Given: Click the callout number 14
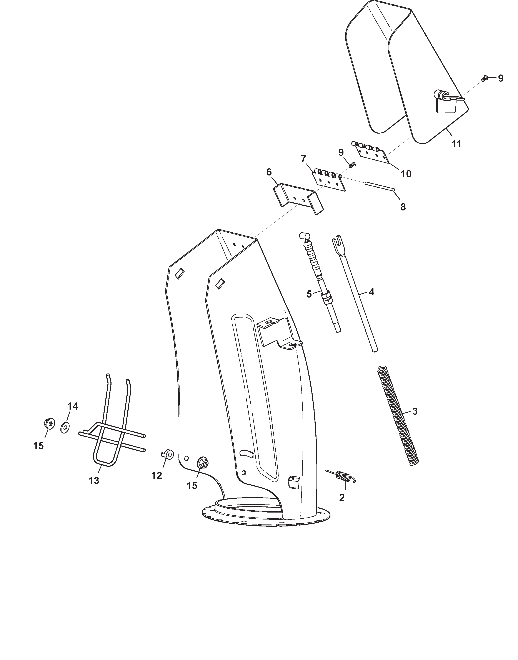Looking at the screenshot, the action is [73, 406].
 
